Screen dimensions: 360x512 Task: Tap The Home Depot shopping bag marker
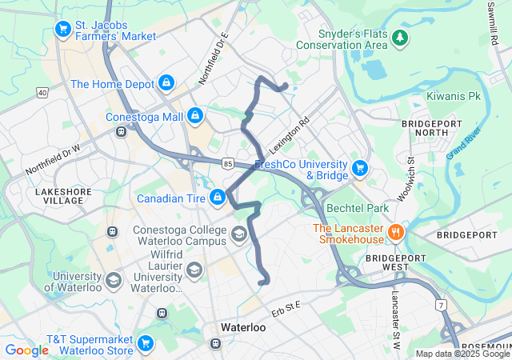(x=166, y=82)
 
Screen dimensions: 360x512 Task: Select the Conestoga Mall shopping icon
(x=194, y=117)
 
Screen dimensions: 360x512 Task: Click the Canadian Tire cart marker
(x=218, y=198)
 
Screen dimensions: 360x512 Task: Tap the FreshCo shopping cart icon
(x=360, y=169)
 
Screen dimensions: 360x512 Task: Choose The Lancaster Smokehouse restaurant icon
(x=394, y=233)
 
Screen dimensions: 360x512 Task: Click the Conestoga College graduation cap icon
(x=238, y=234)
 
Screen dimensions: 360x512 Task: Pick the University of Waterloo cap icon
(x=114, y=281)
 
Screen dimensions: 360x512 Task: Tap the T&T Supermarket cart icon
(x=145, y=343)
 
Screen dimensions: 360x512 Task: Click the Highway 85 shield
(x=229, y=164)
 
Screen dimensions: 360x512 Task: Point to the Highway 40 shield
(x=42, y=93)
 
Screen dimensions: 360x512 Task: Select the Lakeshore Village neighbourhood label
(x=58, y=196)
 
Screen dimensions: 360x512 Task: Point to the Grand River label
(x=463, y=141)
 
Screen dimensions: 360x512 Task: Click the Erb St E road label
(x=286, y=306)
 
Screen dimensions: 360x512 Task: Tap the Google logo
(x=26, y=350)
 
